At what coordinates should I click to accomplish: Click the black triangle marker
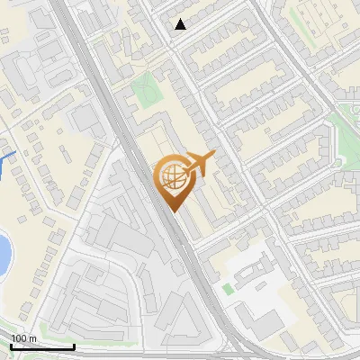(x=181, y=24)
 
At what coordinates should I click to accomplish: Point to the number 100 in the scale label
(x=19, y=337)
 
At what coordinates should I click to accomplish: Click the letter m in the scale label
(x=31, y=337)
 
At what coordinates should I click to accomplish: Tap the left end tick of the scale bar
(x=12, y=346)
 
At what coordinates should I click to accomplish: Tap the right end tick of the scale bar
(x=74, y=346)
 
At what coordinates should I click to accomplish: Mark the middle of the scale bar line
(x=43, y=346)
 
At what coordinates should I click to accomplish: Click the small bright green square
(x=228, y=289)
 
